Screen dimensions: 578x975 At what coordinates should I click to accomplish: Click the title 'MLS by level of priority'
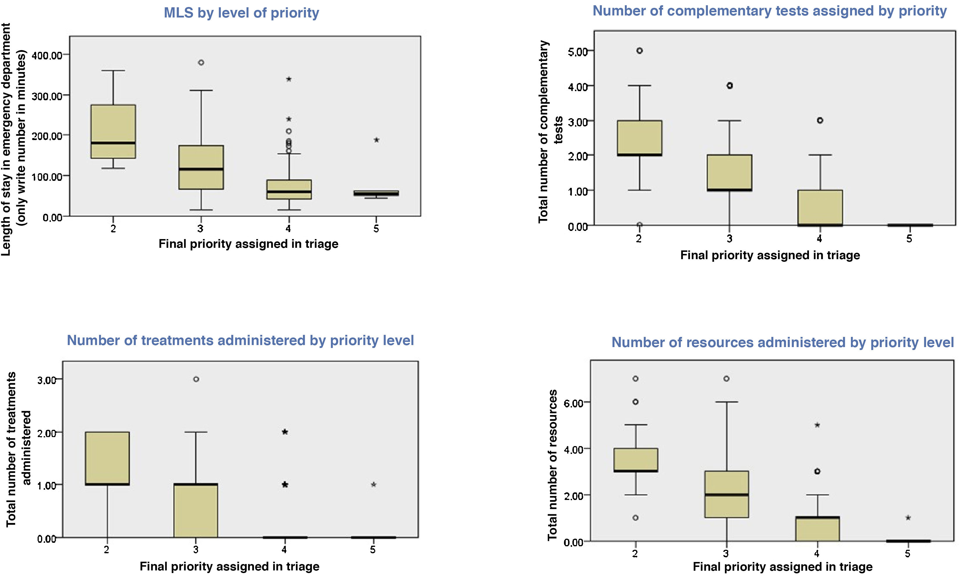click(241, 13)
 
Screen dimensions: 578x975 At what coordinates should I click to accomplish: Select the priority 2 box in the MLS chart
click(113, 131)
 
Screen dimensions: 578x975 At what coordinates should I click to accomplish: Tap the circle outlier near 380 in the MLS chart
click(201, 62)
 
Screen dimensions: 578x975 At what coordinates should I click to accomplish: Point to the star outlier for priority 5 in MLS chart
click(376, 140)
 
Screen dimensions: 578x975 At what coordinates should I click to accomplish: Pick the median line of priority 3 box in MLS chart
click(201, 169)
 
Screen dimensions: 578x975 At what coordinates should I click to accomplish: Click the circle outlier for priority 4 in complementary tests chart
click(820, 120)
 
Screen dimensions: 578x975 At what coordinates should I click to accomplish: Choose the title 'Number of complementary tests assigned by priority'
click(770, 11)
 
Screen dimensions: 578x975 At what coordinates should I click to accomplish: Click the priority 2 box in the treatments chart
click(107, 458)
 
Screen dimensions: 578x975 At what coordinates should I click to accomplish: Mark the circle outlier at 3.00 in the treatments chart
click(196, 379)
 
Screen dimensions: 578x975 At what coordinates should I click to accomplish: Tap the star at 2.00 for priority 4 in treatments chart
click(285, 432)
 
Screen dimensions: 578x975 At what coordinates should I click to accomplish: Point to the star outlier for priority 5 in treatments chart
click(373, 485)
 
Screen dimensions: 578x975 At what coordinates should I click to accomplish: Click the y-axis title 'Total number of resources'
click(552, 465)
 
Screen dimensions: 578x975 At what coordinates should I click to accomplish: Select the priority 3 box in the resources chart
click(727, 494)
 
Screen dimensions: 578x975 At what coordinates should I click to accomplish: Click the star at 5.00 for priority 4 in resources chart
click(817, 425)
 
